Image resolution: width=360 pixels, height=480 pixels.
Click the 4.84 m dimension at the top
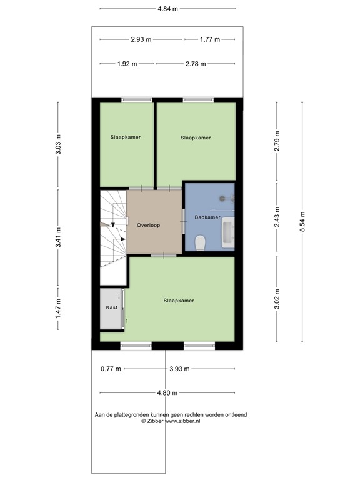[167, 9]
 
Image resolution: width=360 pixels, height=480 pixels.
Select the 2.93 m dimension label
[141, 39]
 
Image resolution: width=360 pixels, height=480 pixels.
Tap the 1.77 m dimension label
[210, 39]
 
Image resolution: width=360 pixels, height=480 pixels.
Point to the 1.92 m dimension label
[127, 64]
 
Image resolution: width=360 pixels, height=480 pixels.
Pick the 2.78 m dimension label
[196, 64]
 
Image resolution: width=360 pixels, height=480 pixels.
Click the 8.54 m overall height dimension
[302, 221]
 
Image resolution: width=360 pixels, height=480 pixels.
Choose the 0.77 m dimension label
[110, 369]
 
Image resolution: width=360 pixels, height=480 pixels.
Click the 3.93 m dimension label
[179, 369]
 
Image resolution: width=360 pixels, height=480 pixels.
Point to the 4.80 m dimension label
[167, 392]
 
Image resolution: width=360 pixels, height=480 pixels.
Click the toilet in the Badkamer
[200, 241]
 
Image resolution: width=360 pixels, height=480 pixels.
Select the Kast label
[112, 308]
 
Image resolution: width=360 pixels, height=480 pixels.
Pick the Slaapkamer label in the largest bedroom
[179, 301]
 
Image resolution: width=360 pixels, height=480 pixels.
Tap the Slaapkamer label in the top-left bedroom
[126, 137]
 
